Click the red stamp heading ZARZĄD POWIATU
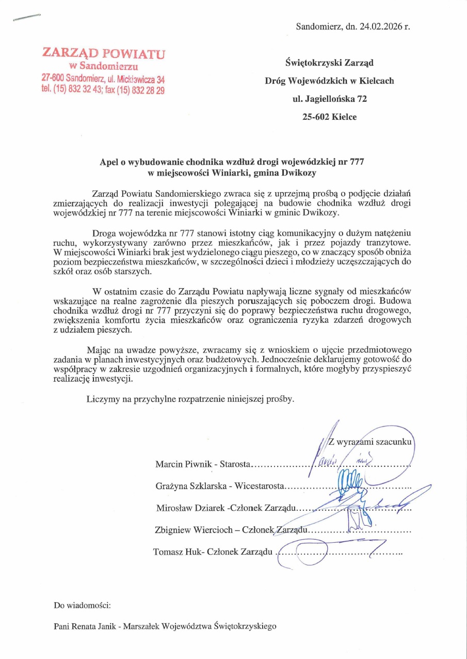[104, 53]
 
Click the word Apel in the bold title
[109, 162]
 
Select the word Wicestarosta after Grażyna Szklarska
[260, 486]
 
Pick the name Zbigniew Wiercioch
[191, 530]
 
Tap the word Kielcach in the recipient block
[376, 81]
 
